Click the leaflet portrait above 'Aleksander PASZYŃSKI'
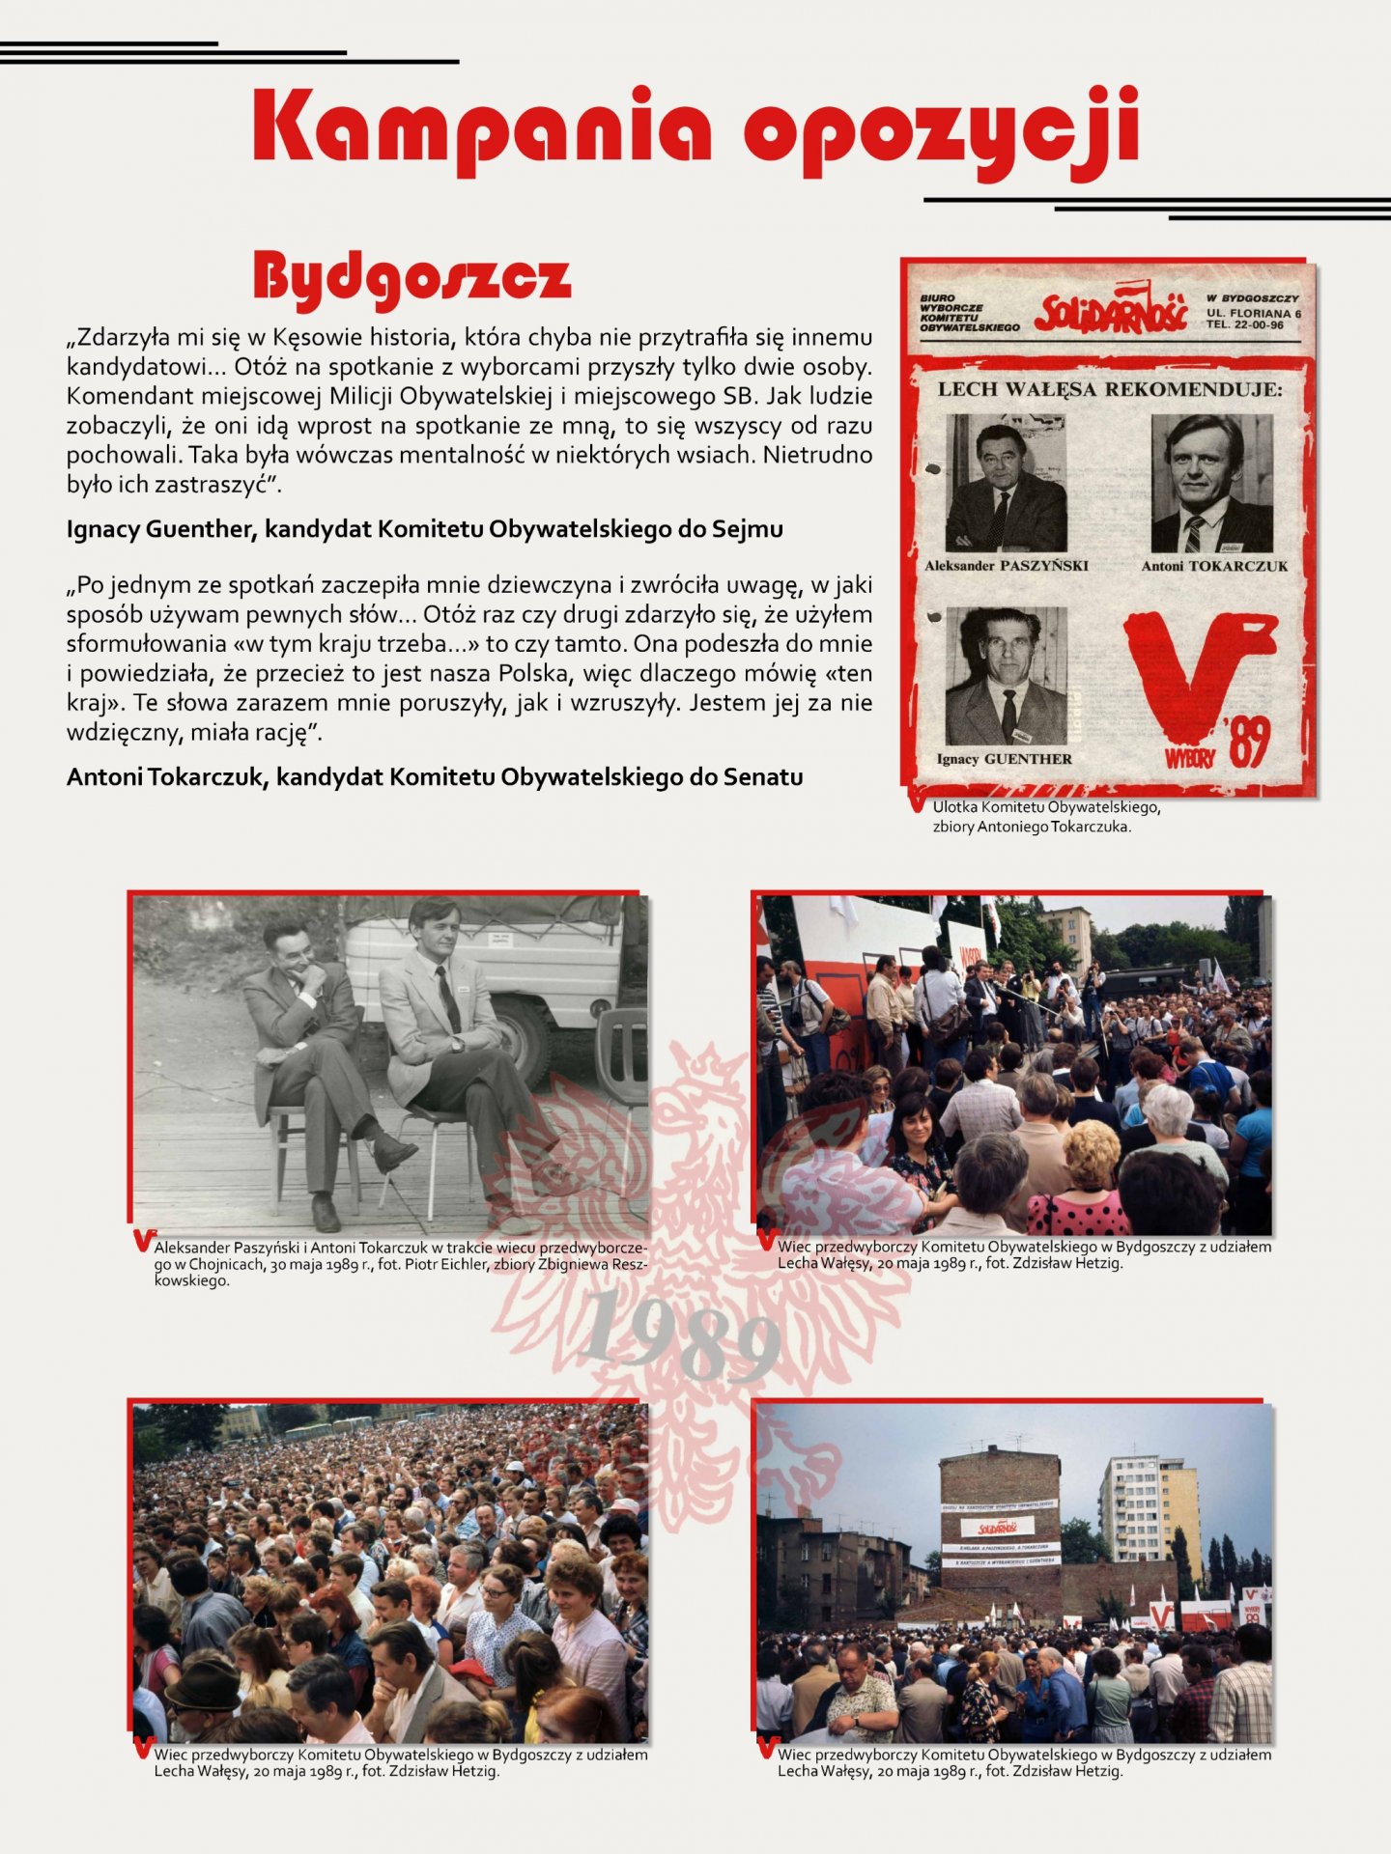1006,483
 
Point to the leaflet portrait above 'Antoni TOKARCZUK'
1211,483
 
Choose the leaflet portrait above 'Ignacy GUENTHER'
1006,675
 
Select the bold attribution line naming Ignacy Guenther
424,529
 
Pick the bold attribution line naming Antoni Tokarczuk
435,777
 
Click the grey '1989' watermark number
681,1337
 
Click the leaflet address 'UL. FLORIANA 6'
1253,314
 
